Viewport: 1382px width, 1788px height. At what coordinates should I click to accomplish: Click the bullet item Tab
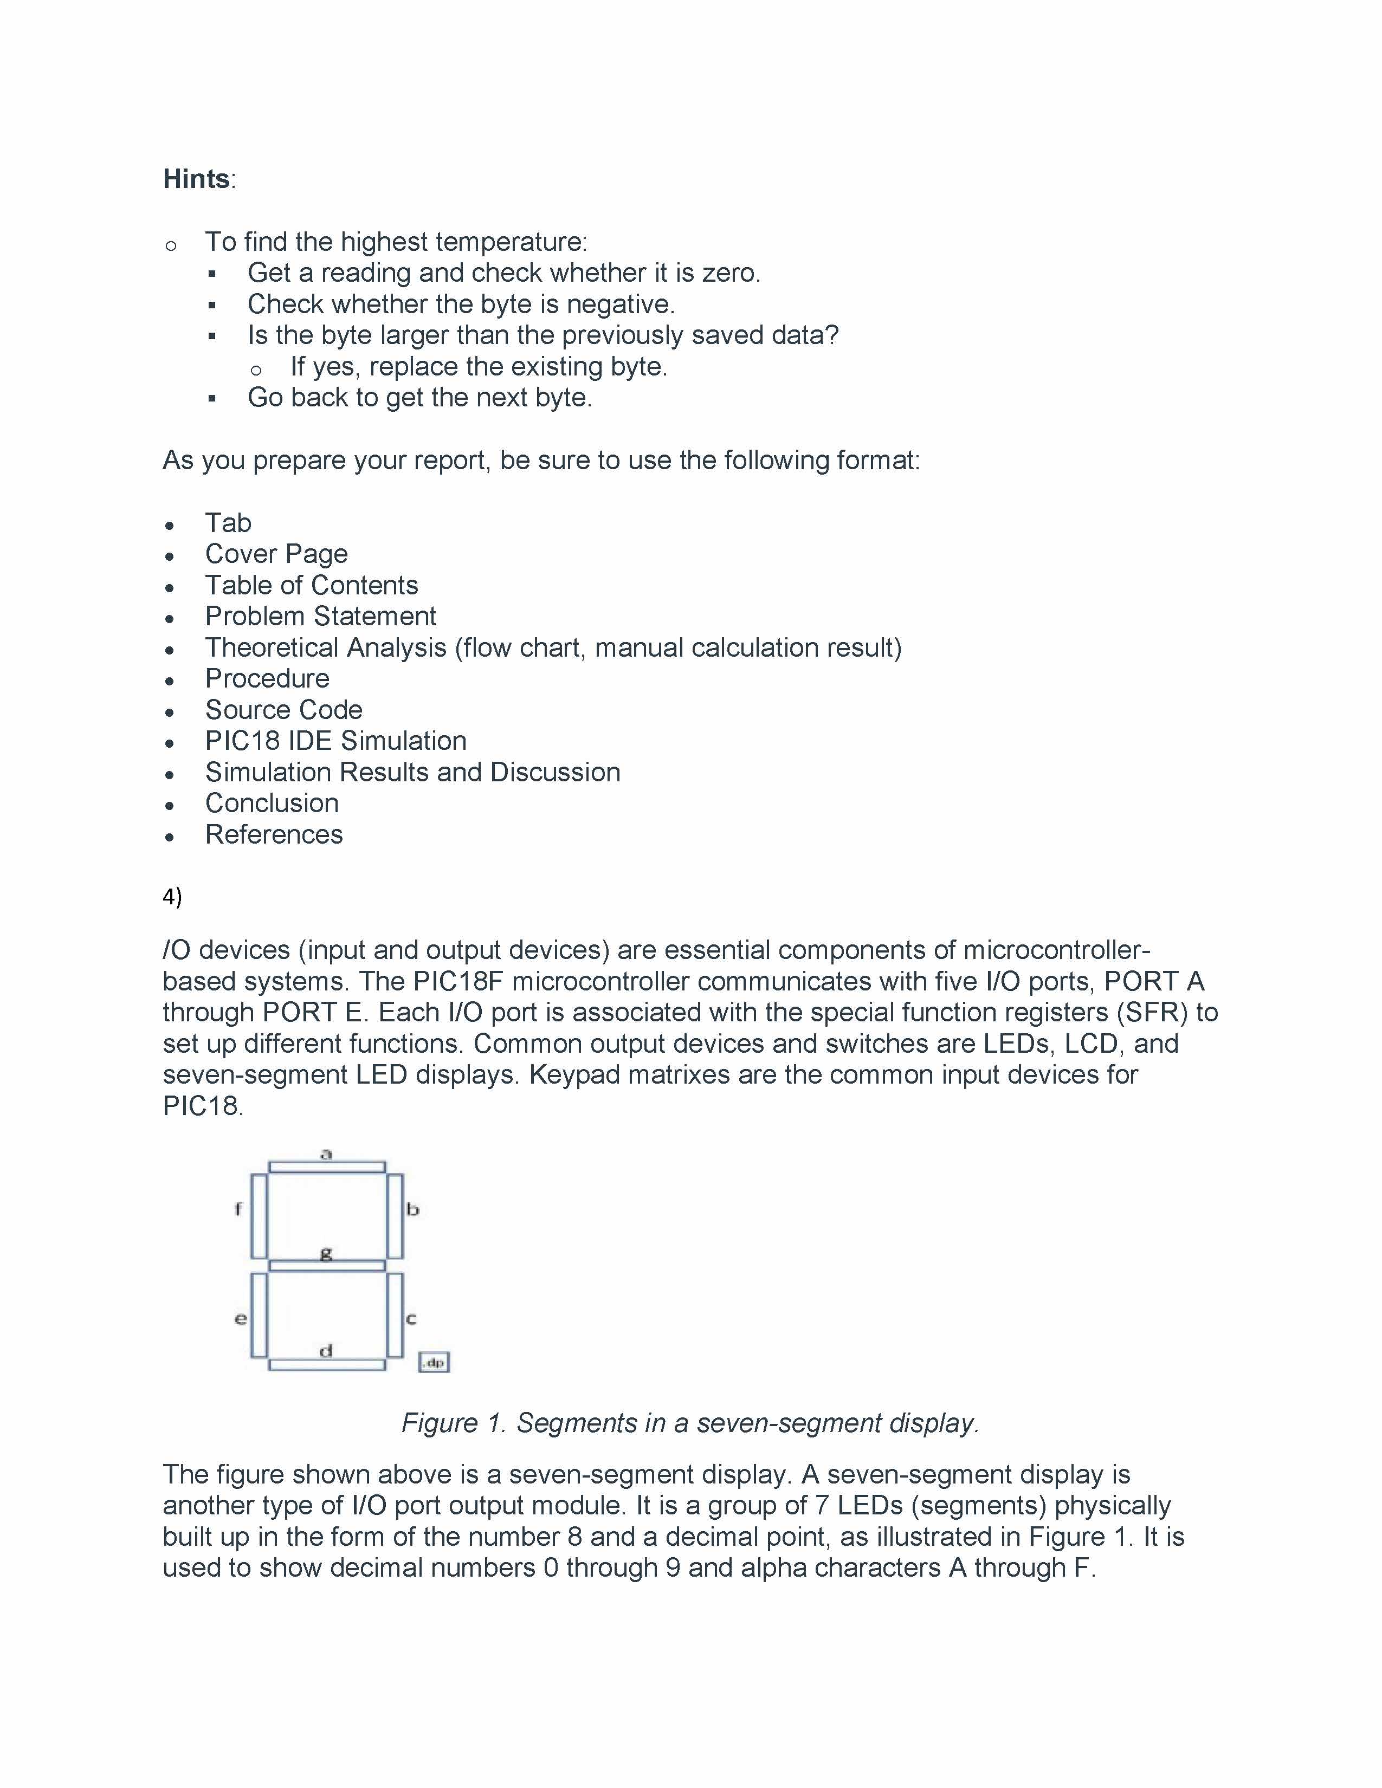click(x=228, y=522)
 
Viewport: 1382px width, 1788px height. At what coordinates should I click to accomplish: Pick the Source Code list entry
click(x=283, y=710)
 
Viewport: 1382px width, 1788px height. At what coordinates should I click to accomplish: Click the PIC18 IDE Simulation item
click(x=335, y=741)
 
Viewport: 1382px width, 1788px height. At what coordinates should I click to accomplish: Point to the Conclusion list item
click(x=272, y=803)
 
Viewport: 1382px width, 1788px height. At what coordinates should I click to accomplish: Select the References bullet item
click(x=274, y=834)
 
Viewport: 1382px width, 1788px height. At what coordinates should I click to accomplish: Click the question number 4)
click(x=172, y=897)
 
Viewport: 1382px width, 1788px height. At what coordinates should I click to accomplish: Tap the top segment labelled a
click(x=327, y=1167)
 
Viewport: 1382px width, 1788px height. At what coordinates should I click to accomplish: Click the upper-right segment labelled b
click(x=395, y=1216)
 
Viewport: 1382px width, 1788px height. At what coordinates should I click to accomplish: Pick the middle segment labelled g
click(x=327, y=1266)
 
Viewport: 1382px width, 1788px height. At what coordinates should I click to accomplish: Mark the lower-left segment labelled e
click(x=259, y=1315)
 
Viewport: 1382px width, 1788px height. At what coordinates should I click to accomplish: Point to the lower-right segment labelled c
click(x=395, y=1315)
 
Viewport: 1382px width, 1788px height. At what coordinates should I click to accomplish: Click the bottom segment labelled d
click(x=327, y=1365)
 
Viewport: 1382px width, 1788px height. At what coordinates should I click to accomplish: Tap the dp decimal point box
click(x=434, y=1362)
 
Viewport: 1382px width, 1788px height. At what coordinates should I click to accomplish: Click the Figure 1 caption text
click(x=690, y=1423)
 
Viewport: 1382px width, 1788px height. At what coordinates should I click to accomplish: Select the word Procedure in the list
click(x=267, y=679)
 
